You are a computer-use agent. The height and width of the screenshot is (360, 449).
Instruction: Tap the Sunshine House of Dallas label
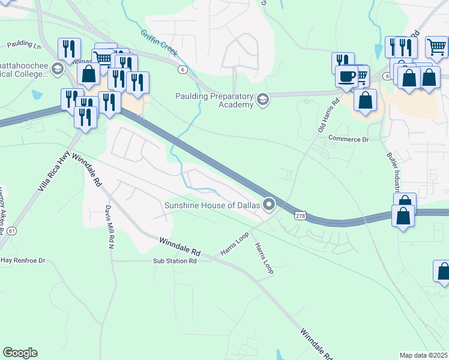[212, 206]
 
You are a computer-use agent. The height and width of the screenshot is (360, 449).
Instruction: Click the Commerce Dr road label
[348, 139]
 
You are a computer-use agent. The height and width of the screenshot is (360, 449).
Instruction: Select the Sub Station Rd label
[175, 261]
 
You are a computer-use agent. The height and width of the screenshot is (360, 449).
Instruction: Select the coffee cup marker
[346, 77]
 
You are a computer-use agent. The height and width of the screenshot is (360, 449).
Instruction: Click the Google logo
[20, 353]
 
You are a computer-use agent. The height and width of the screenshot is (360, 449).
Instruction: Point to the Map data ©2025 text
[424, 355]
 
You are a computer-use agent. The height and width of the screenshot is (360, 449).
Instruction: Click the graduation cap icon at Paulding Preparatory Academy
[262, 99]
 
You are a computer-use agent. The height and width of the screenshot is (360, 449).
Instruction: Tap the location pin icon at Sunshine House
[269, 205]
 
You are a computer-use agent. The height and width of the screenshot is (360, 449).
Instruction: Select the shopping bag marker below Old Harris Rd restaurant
[365, 100]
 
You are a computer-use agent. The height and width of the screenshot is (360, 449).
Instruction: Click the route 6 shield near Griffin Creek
[182, 70]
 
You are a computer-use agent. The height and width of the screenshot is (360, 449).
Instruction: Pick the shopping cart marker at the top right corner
[436, 46]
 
